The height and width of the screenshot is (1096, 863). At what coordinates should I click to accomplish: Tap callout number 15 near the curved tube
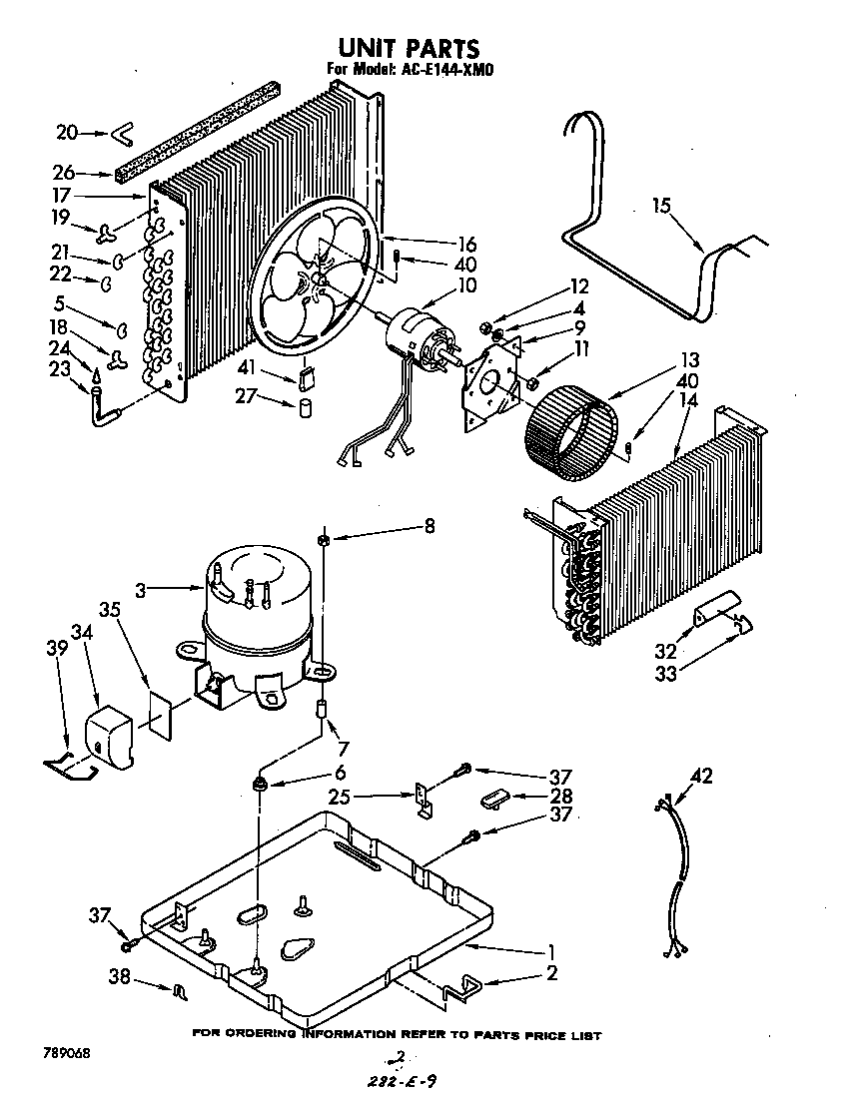(x=661, y=207)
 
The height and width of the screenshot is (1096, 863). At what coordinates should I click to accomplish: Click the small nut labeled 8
(x=325, y=541)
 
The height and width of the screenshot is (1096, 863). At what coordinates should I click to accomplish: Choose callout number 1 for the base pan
(x=550, y=950)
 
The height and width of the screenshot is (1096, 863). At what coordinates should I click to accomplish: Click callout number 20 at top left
(x=66, y=132)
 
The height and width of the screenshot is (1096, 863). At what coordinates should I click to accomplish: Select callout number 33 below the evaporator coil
(x=664, y=674)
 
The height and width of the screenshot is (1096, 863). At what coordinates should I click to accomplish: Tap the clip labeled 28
(x=493, y=797)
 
